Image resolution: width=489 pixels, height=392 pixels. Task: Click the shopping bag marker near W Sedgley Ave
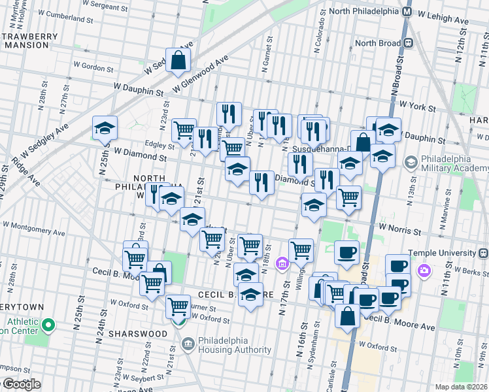pyautogui.click(x=178, y=61)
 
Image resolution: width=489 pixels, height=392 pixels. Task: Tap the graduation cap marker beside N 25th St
pyautogui.click(x=105, y=129)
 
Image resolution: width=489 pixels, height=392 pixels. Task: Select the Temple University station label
pyautogui.click(x=451, y=253)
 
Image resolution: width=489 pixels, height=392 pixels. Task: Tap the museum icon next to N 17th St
pyautogui.click(x=282, y=263)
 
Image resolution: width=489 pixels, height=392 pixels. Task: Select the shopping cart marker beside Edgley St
pyautogui.click(x=184, y=130)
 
